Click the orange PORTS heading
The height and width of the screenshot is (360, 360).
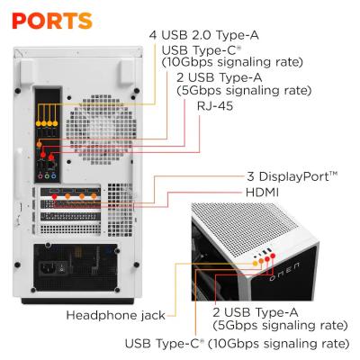(x=52, y=20)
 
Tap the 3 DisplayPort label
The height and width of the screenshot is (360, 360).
(x=292, y=176)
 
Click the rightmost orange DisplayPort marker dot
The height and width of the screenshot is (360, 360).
(x=94, y=195)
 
